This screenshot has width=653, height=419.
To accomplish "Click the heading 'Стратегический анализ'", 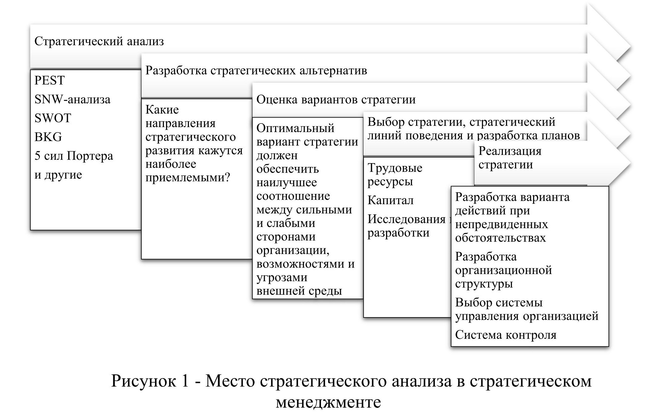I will click(x=99, y=41).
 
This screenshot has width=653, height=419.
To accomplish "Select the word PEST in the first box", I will click(x=49, y=80).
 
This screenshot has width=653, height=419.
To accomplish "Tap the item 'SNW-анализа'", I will click(x=72, y=99).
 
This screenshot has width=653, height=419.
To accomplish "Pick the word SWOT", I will click(x=53, y=118).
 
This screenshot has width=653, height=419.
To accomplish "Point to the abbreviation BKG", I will click(x=48, y=137).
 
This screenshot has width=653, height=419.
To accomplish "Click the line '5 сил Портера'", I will click(x=74, y=156).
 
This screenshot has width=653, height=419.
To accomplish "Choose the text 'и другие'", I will click(x=58, y=175).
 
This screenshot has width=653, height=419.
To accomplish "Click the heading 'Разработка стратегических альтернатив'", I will click(x=256, y=70).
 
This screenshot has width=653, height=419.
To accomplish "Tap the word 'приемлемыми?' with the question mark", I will click(x=188, y=178).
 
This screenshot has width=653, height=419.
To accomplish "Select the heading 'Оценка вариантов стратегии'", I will click(x=336, y=100).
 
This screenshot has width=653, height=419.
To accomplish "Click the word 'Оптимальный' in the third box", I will click(x=295, y=128).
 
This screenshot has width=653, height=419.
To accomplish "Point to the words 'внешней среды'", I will click(x=299, y=291).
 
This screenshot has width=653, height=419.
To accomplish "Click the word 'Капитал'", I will click(x=390, y=200).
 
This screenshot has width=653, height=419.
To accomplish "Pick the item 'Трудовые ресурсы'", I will click(x=395, y=175).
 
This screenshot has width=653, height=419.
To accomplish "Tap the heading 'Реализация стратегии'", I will click(x=509, y=158).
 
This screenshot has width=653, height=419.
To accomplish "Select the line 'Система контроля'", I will click(x=506, y=335).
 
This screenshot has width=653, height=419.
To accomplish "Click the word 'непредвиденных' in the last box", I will click(x=501, y=224).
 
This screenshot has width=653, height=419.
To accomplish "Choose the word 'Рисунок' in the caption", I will click(x=144, y=381).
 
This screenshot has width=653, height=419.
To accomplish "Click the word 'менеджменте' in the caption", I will click(x=328, y=402).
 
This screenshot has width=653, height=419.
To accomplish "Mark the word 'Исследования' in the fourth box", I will click(x=407, y=219).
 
